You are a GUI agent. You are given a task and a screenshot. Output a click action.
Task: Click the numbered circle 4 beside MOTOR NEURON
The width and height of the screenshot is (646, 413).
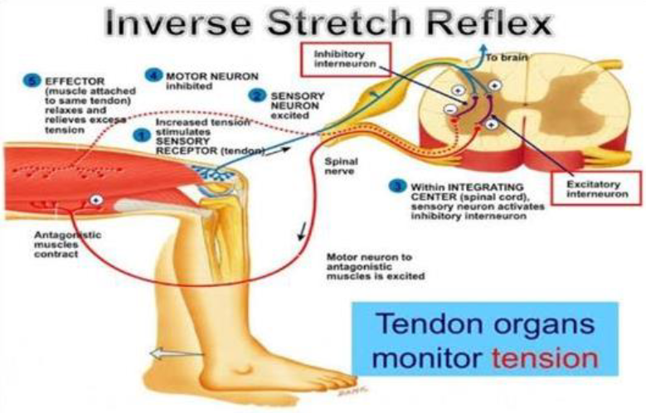pyautogui.click(x=153, y=75)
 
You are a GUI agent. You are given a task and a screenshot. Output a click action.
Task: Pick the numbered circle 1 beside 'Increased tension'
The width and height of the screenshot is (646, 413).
pyautogui.click(x=142, y=133)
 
